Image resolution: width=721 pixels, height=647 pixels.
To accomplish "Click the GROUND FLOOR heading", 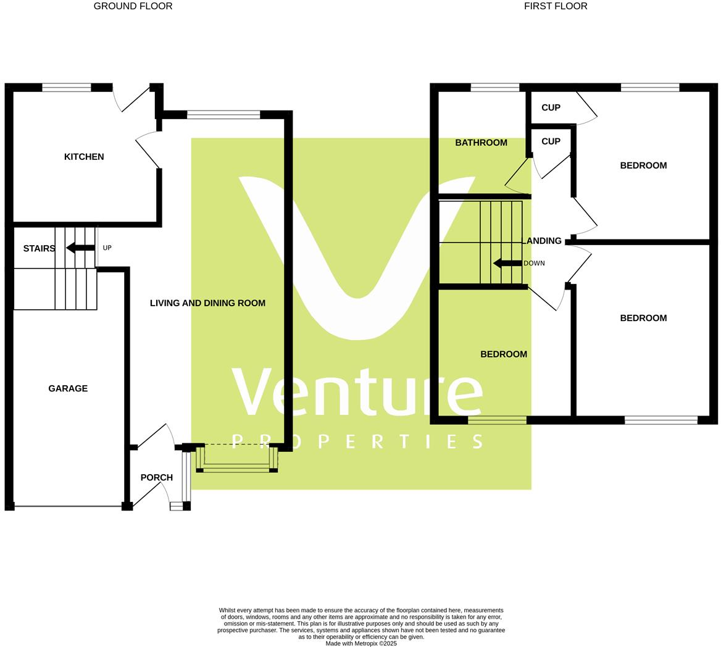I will click(133, 6).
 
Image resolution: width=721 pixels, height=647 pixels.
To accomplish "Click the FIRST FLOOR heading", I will click(555, 6).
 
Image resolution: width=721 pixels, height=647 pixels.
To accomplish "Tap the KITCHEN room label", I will click(84, 157).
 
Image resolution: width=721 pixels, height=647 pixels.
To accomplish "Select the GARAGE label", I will click(68, 388).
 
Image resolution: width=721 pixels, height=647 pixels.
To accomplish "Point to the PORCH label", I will click(156, 477).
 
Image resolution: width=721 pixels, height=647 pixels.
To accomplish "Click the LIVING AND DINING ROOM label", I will click(207, 303).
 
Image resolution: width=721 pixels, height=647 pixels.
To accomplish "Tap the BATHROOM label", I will click(481, 143).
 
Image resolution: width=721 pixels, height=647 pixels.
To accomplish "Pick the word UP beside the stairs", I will click(107, 248).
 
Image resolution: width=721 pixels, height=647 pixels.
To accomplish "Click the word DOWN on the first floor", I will click(534, 263).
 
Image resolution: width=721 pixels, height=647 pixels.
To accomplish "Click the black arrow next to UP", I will click(80, 248).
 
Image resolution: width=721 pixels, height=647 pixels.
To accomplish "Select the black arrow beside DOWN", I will click(507, 263).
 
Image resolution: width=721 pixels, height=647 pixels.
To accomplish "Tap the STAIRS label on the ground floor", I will click(39, 248).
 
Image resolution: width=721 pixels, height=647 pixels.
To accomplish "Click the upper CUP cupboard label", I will click(551, 107).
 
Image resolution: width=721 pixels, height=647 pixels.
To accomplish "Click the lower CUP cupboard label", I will click(551, 141).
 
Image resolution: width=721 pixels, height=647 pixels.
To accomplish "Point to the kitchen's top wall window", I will click(66, 88).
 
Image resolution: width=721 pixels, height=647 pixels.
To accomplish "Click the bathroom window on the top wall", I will click(494, 88).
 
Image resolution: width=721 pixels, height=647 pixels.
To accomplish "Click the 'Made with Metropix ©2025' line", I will click(361, 643).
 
